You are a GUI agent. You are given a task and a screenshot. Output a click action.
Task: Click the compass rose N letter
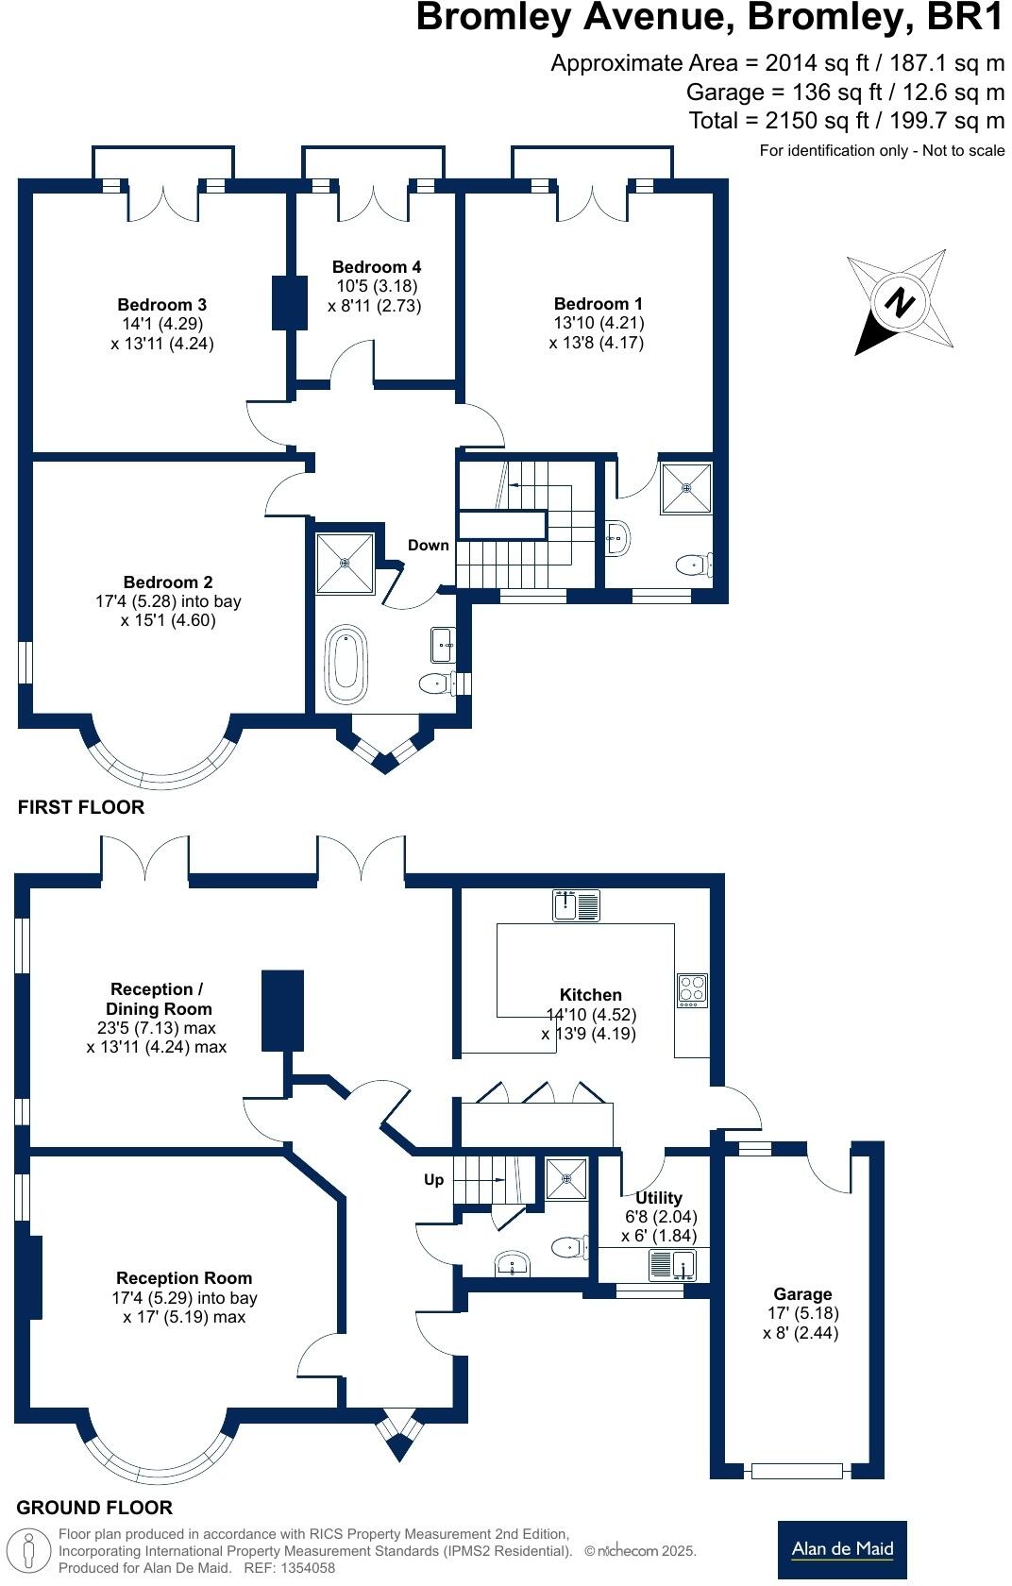tap(900, 303)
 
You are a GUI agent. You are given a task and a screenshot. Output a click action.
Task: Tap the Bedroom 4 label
tap(377, 267)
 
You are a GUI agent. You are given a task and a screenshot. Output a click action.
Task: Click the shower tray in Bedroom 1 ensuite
tap(685, 488)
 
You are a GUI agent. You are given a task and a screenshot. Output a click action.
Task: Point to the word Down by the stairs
tap(428, 545)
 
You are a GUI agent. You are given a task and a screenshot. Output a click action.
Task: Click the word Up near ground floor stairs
tap(433, 1179)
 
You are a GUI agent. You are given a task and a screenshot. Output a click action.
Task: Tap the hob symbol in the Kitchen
tap(692, 988)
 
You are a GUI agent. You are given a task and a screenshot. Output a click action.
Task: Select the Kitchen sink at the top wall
tap(577, 904)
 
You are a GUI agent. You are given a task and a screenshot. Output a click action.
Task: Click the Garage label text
tap(802, 1293)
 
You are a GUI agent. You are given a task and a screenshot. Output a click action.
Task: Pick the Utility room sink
tap(673, 1263)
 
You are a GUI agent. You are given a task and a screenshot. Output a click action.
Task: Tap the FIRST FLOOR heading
tap(81, 807)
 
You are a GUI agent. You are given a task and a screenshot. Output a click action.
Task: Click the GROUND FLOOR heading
tap(94, 1508)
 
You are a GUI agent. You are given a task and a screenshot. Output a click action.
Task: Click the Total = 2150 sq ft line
tap(846, 121)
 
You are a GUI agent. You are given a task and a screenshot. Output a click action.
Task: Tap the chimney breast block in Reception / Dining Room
tap(282, 1009)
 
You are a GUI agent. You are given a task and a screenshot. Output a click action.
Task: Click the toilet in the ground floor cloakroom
tap(568, 1247)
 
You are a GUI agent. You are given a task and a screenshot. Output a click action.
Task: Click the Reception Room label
tap(184, 1277)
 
